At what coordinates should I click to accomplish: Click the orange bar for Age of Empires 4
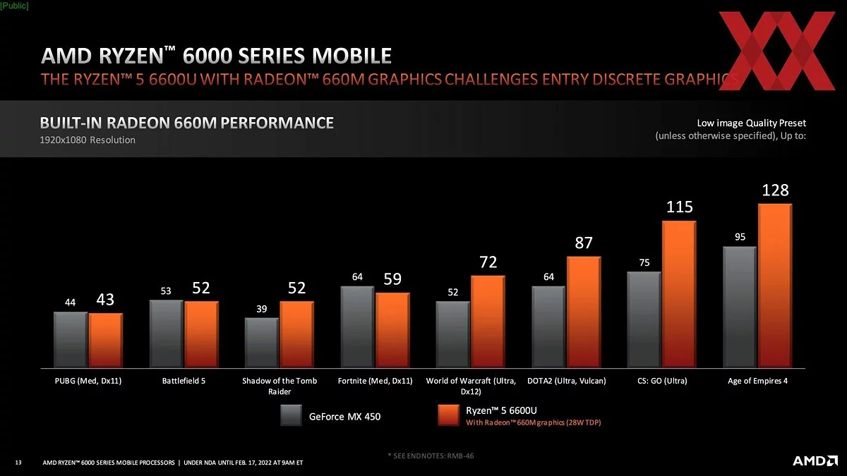(x=774, y=285)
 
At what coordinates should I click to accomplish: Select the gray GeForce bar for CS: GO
(x=644, y=319)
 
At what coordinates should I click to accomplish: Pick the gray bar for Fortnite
(x=357, y=326)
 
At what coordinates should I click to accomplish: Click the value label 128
(x=775, y=190)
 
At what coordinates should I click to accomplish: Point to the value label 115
(x=679, y=207)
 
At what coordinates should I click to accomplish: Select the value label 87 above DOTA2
(x=583, y=243)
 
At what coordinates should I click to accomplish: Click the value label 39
(x=262, y=309)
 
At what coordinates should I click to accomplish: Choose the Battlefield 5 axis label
(x=184, y=381)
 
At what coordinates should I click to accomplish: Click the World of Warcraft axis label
(x=471, y=385)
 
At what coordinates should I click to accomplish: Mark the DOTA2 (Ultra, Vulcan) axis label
(x=566, y=381)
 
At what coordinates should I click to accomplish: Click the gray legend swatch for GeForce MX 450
(x=292, y=415)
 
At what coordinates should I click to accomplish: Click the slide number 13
(x=18, y=463)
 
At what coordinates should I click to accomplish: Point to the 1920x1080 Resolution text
(x=87, y=140)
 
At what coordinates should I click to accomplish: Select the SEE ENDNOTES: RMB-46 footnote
(x=431, y=456)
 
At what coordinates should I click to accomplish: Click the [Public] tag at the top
(x=14, y=5)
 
